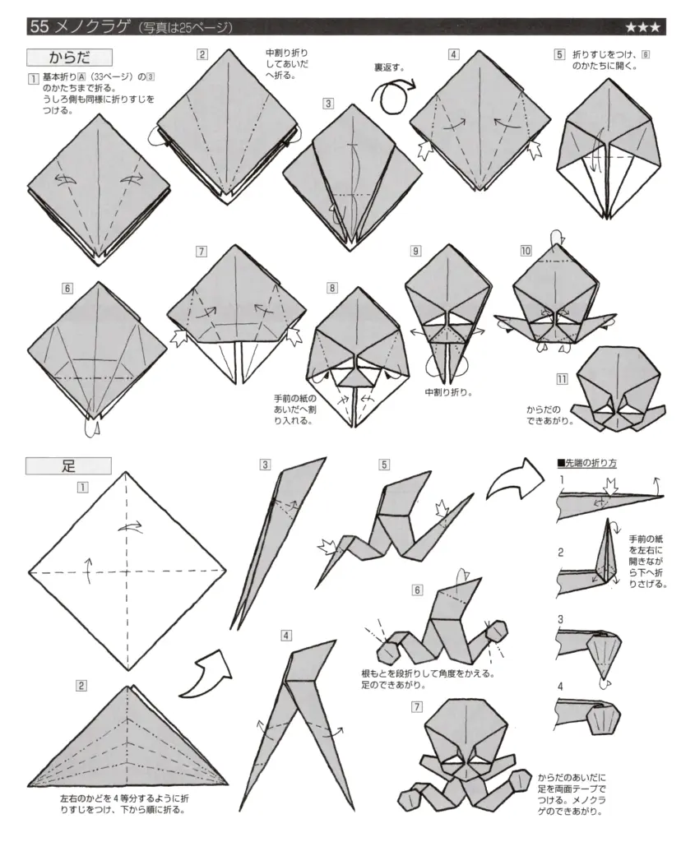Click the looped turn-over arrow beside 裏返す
pyautogui.click(x=393, y=93)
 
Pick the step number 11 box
pyautogui.click(x=562, y=380)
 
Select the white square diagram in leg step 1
pyautogui.click(x=127, y=571)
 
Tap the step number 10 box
pyautogui.click(x=526, y=249)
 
